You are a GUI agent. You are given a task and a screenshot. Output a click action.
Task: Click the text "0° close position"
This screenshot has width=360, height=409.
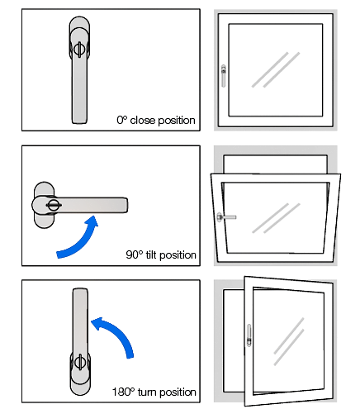156,121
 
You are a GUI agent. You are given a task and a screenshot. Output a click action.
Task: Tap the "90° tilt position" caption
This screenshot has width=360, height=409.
161,255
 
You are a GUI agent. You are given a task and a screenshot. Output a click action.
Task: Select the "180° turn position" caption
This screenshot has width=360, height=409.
154,392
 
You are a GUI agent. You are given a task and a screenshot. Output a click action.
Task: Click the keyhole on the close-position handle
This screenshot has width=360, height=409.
79,50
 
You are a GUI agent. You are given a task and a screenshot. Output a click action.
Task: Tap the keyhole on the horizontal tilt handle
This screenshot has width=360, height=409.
54,205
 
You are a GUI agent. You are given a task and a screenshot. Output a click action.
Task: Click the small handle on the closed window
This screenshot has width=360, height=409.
224,76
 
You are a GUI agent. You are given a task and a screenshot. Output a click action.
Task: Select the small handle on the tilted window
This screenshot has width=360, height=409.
226,217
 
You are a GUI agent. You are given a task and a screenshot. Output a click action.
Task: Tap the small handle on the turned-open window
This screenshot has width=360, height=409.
249,335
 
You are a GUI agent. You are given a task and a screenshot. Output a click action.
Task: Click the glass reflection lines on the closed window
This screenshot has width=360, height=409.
276,70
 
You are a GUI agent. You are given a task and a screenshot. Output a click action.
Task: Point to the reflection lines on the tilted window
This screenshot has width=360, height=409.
276,218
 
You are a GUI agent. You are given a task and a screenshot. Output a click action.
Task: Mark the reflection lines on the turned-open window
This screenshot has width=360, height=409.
289,341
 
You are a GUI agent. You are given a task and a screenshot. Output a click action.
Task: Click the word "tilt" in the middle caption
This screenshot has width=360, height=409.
150,254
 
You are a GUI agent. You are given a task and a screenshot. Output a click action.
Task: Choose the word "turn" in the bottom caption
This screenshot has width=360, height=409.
147,392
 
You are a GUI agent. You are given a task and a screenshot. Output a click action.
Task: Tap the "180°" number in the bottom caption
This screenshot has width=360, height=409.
124,392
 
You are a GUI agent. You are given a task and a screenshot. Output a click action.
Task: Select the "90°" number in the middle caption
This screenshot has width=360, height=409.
135,254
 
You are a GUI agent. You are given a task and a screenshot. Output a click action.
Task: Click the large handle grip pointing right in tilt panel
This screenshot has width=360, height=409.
91,205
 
